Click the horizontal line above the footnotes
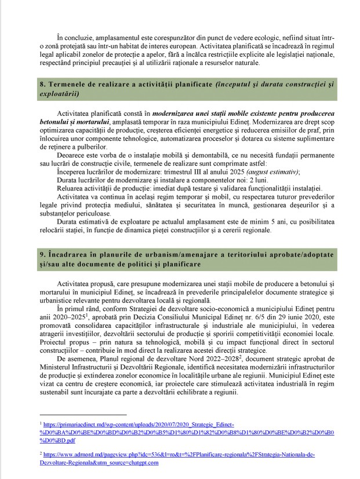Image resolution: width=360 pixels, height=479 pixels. [83, 415]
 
